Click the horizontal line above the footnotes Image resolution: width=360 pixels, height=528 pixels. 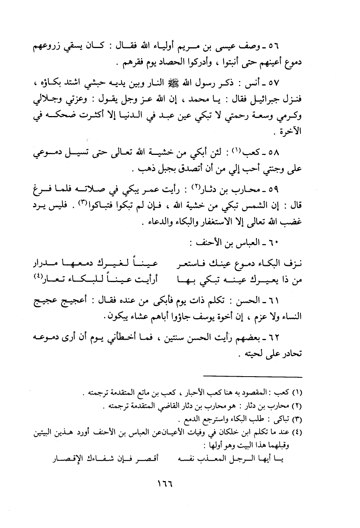click(253, 376)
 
